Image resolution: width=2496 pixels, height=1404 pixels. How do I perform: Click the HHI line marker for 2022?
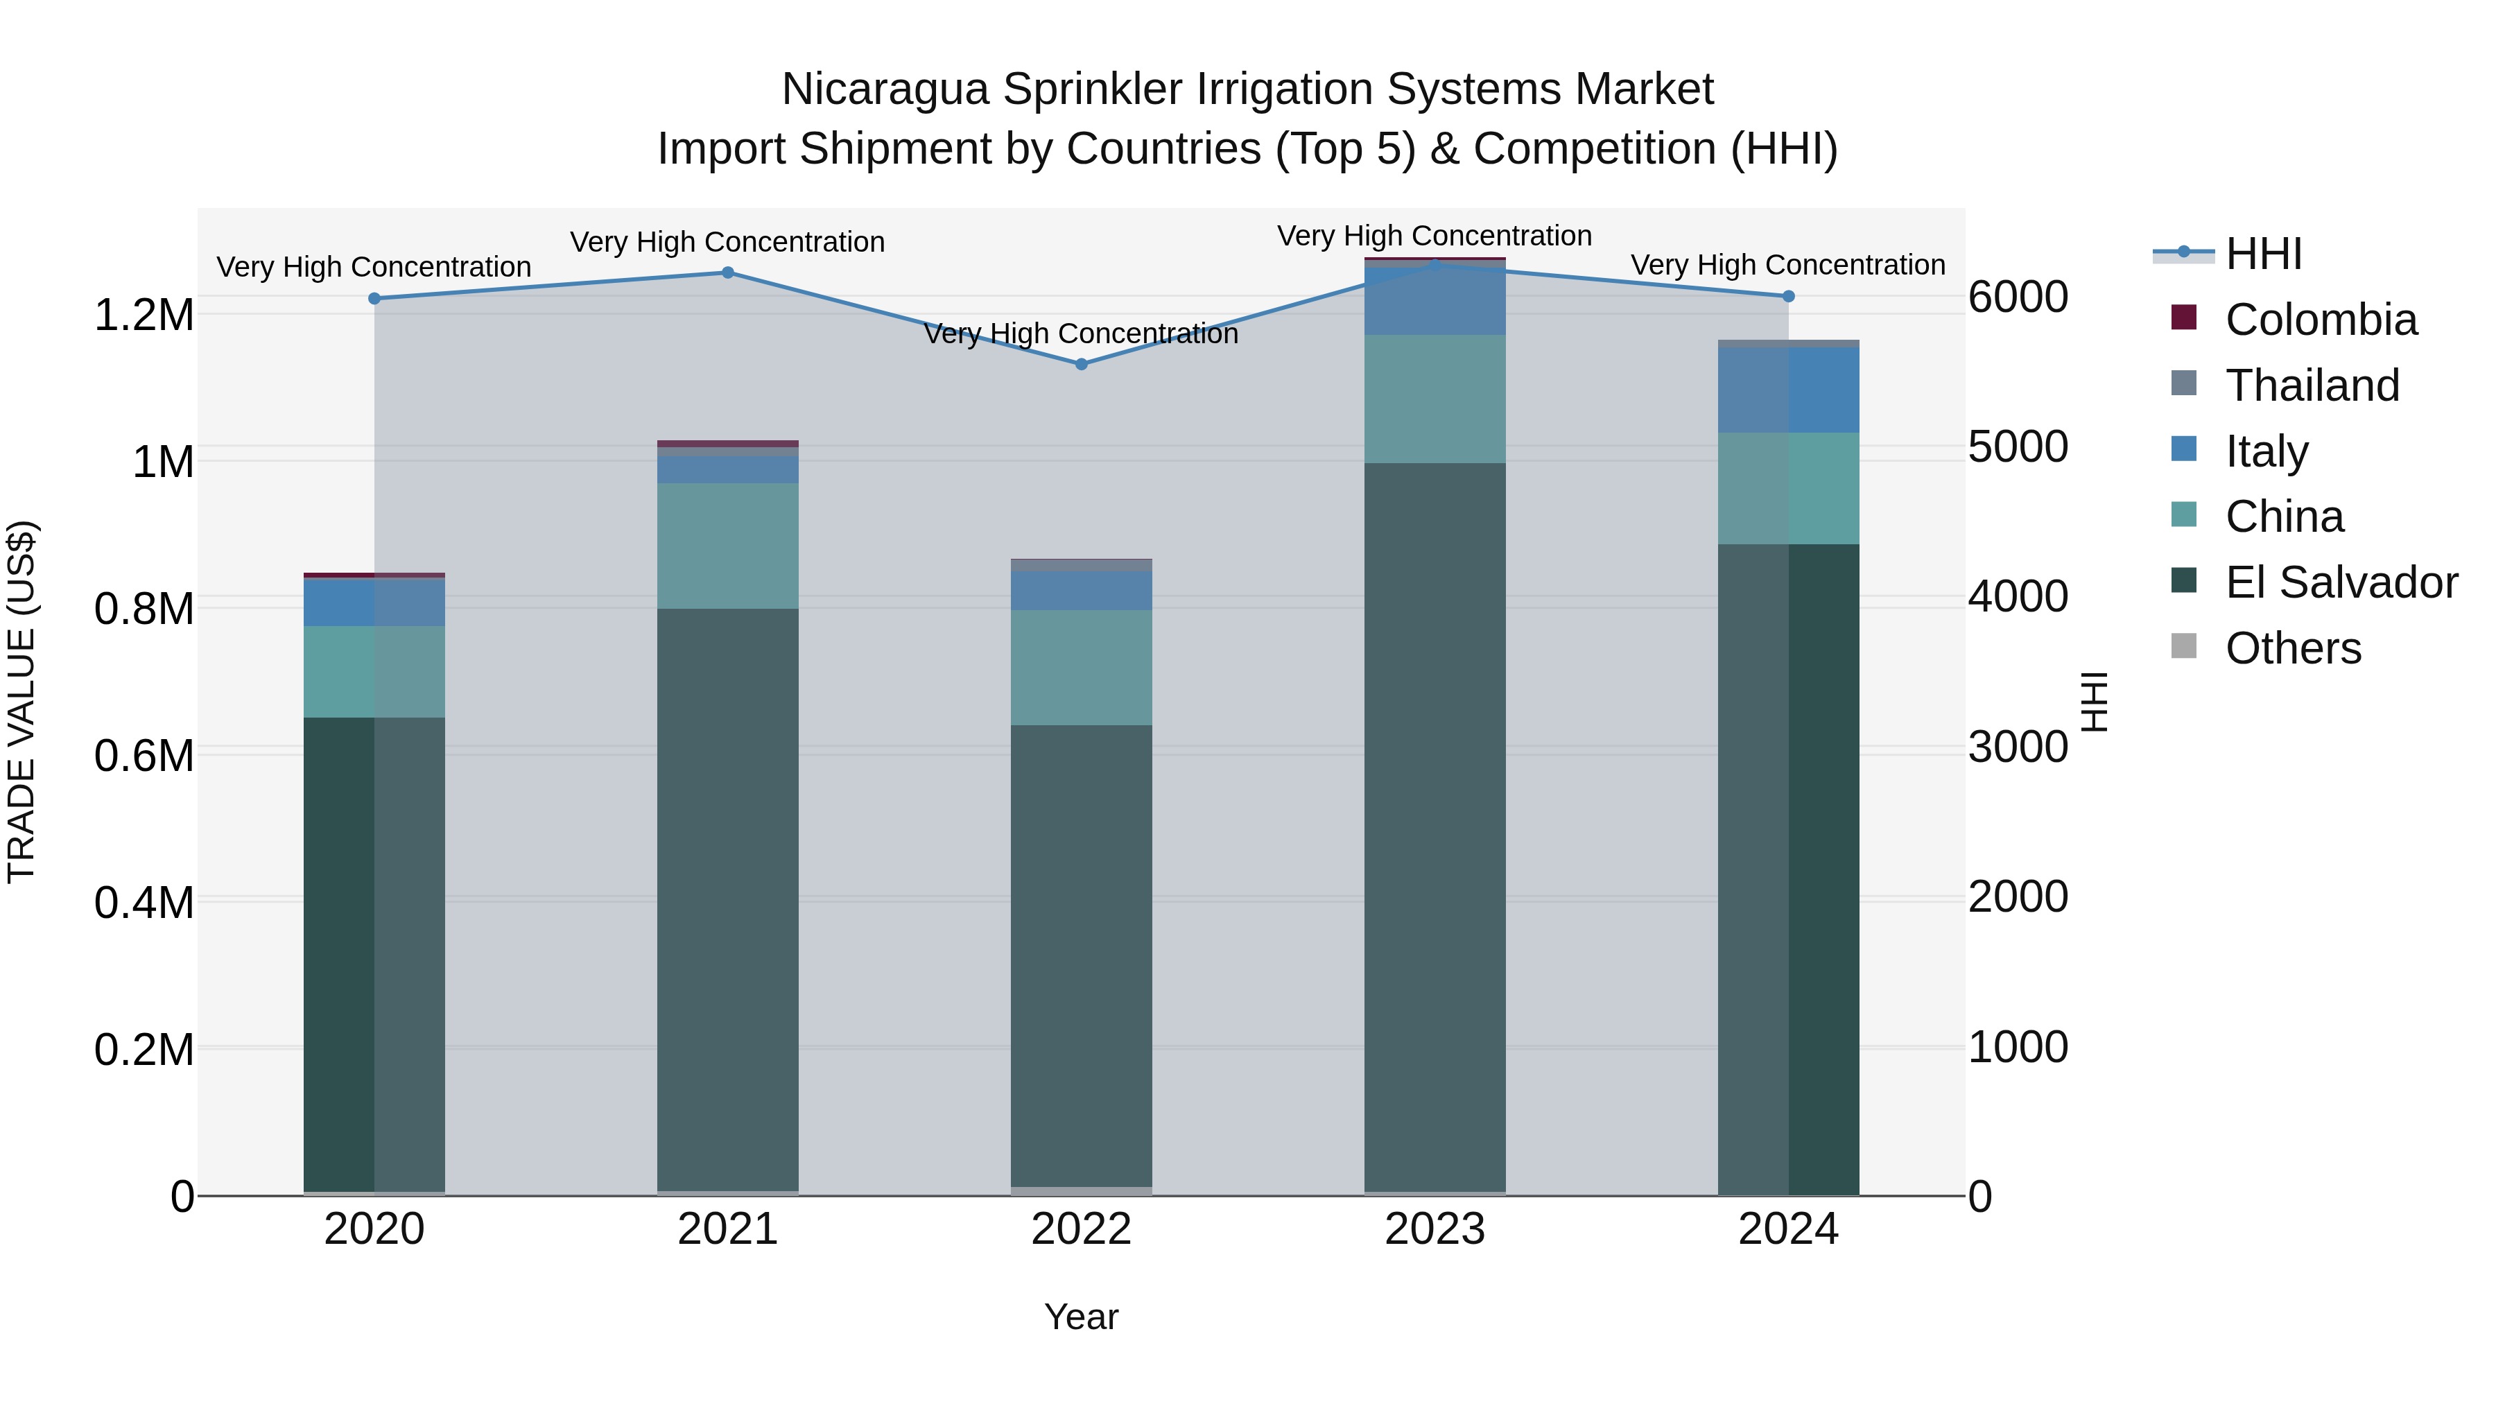point(1082,364)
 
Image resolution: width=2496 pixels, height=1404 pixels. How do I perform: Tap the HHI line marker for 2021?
point(728,272)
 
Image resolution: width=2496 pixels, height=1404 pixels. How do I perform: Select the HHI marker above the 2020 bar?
point(374,298)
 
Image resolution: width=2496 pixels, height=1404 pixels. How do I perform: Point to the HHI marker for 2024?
point(1789,297)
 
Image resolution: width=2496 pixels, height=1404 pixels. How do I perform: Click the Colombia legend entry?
point(2320,320)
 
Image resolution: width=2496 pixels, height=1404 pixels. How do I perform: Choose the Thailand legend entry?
point(2311,385)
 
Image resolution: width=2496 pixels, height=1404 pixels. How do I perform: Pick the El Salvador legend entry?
point(2340,582)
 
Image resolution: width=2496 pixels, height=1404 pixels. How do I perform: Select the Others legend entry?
point(2293,648)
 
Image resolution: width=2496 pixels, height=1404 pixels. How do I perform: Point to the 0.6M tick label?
point(144,756)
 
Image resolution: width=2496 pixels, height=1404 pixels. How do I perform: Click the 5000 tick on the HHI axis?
point(2018,447)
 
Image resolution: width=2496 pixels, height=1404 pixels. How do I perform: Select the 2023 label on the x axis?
point(1435,1229)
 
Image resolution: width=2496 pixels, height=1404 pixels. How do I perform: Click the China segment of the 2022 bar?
point(1082,668)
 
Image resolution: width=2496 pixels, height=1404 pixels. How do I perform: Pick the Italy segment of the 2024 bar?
point(1789,390)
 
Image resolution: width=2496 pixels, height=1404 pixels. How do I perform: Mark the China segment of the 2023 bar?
point(1435,399)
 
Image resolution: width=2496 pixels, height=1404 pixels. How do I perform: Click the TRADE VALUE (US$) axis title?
point(21,702)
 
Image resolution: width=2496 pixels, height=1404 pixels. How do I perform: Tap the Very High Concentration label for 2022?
point(1082,334)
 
